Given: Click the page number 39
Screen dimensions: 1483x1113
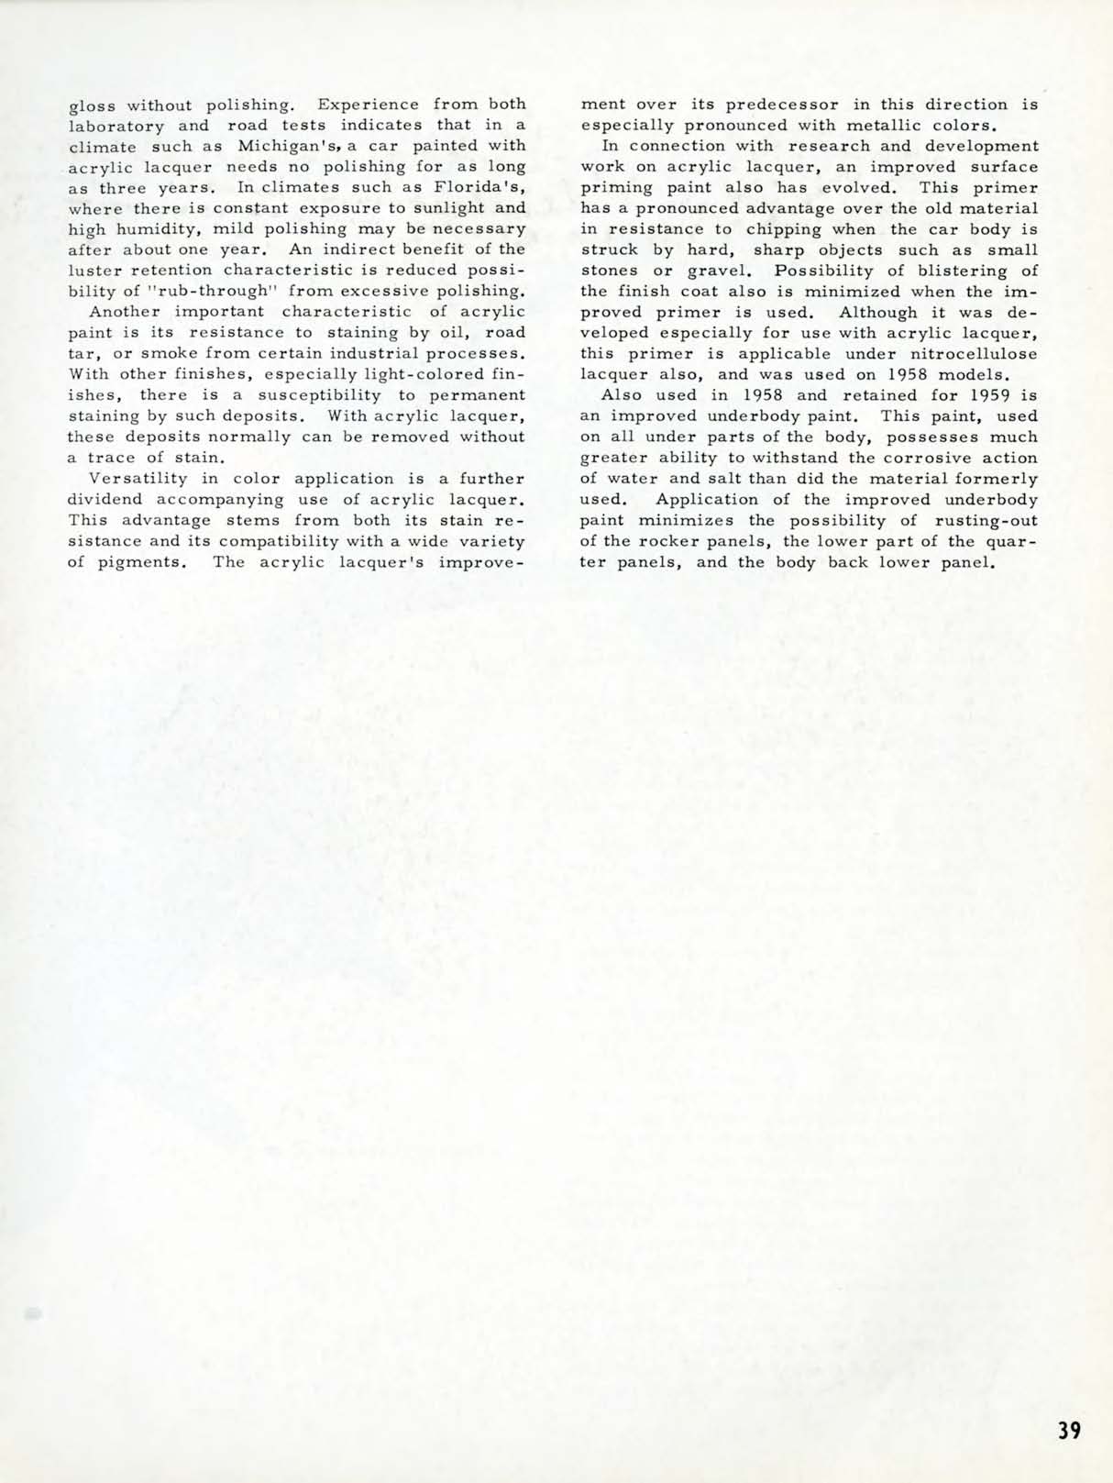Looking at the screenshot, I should coord(1068,1430).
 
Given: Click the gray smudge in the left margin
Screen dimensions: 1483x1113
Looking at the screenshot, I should coord(34,1312).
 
